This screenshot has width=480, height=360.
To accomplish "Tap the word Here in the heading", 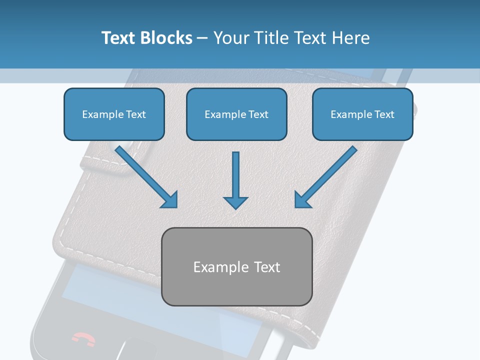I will tap(350, 38).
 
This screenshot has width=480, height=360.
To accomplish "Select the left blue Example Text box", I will tap(114, 114).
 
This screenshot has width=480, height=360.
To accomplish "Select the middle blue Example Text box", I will tap(236, 114).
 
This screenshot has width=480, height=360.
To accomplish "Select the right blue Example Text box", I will tap(362, 114).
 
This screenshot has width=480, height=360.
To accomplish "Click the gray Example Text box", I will tap(237, 266).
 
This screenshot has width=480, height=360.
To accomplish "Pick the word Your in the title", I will tap(231, 38).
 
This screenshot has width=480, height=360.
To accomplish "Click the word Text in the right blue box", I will tap(384, 114).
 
